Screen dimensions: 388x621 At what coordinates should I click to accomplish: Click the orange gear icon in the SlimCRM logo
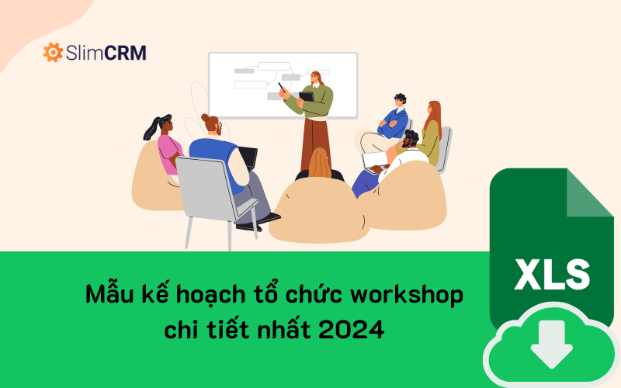coord(53,53)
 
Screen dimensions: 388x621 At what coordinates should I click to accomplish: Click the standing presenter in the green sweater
coord(317,116)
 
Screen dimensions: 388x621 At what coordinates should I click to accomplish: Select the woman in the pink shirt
coord(168,147)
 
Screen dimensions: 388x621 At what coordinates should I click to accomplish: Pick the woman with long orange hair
coord(431,128)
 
